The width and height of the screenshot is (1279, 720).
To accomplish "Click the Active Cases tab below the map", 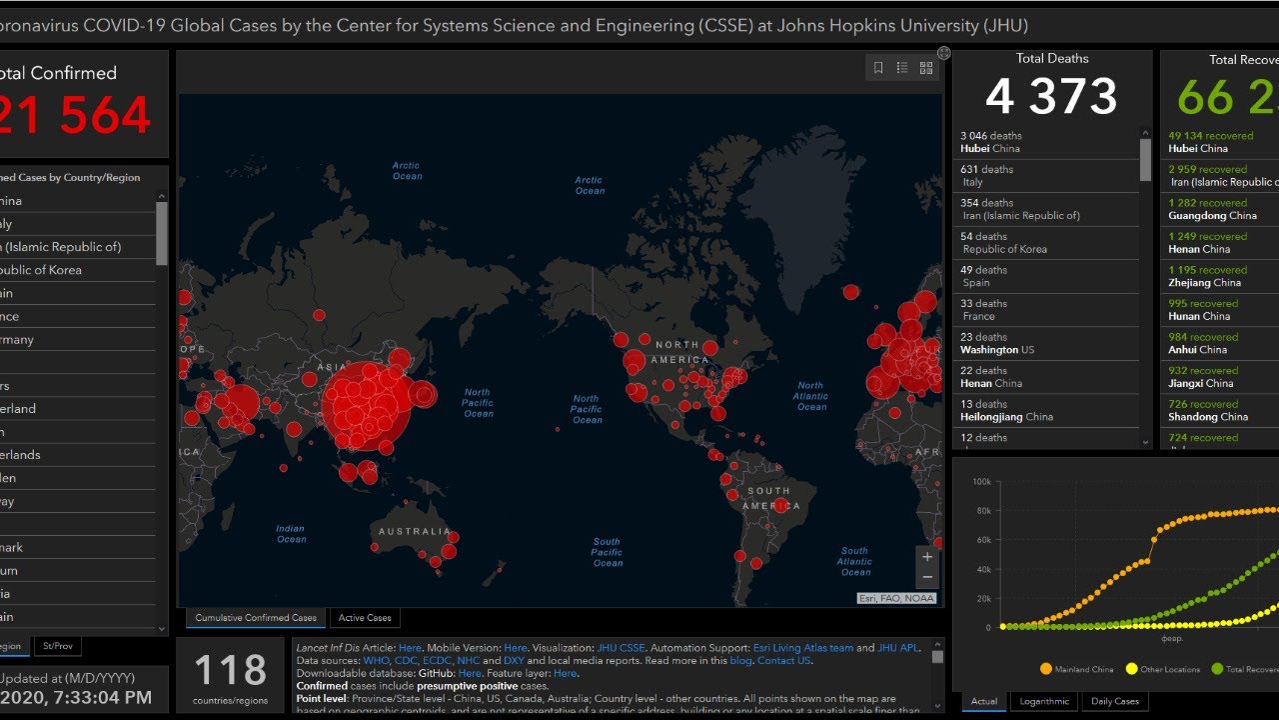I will pyautogui.click(x=365, y=618).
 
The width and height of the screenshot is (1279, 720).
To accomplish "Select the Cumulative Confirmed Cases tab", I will pyautogui.click(x=256, y=618).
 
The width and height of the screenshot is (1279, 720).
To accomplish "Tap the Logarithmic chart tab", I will pyautogui.click(x=1043, y=701).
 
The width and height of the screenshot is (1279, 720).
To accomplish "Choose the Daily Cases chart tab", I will pyautogui.click(x=1114, y=701).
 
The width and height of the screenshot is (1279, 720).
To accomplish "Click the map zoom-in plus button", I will pyautogui.click(x=927, y=557).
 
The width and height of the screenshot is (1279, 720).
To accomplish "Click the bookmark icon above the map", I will pyautogui.click(x=878, y=68).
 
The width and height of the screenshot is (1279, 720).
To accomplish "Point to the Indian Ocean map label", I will pyautogui.click(x=291, y=534).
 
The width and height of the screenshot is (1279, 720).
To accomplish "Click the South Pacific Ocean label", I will pyautogui.click(x=607, y=552).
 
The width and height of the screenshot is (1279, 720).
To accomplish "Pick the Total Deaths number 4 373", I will pyautogui.click(x=1051, y=97).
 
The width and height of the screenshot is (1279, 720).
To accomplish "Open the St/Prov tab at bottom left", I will pyautogui.click(x=58, y=646).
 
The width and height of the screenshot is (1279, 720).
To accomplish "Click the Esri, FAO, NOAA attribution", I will pyautogui.click(x=896, y=598).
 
